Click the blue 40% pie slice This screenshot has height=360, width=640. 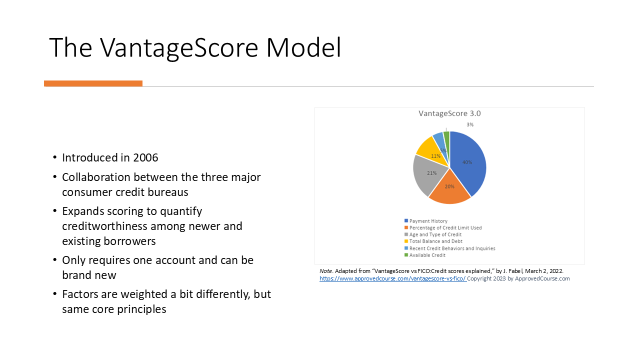(467, 163)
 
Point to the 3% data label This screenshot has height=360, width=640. (470, 124)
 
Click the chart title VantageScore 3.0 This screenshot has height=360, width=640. (449, 113)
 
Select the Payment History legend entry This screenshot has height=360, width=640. (425, 221)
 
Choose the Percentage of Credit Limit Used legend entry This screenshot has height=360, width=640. (443, 227)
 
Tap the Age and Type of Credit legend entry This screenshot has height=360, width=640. (433, 234)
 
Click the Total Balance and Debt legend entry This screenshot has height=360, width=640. (433, 241)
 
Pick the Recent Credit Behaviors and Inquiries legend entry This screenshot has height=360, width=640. (449, 248)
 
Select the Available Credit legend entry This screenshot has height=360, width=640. (425, 255)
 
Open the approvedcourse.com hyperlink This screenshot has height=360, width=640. (393, 278)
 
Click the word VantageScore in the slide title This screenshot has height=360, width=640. (179, 47)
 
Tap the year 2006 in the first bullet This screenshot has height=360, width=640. (145, 157)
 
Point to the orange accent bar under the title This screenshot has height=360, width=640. (93, 83)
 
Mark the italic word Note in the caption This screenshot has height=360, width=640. (325, 271)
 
